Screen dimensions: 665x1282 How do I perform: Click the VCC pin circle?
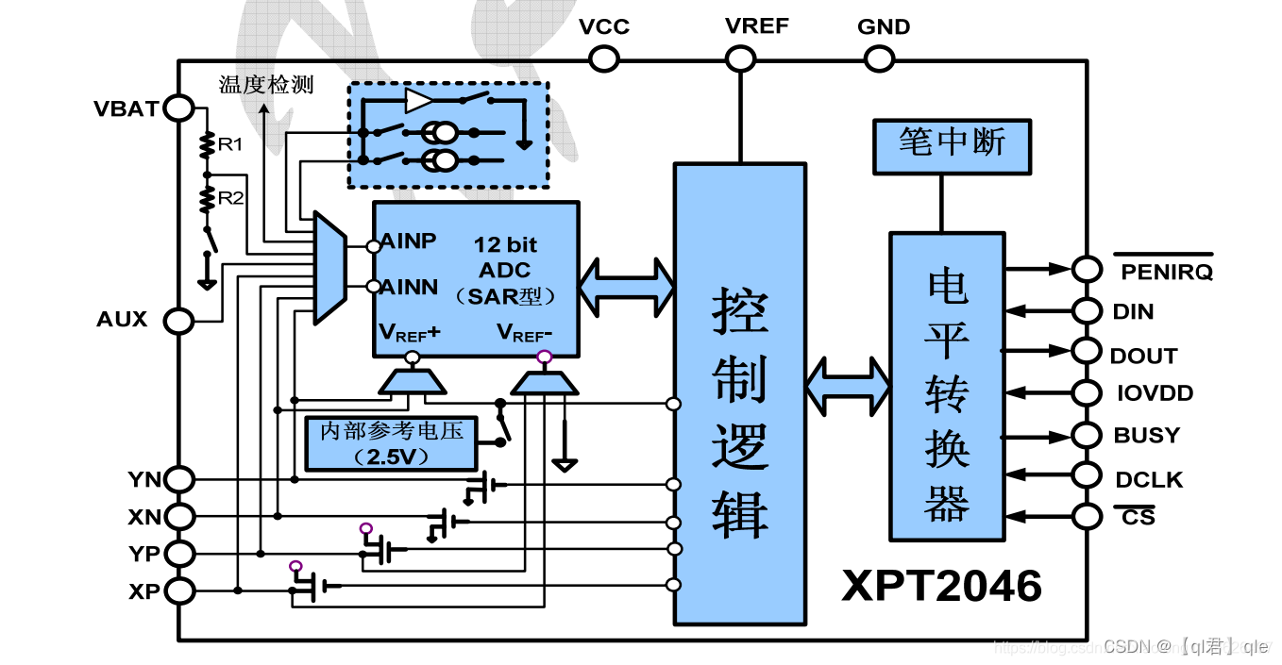pos(604,59)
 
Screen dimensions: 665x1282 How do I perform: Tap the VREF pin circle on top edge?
pos(740,59)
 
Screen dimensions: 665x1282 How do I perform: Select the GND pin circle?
pos(878,59)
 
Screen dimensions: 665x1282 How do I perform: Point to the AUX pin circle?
pos(178,321)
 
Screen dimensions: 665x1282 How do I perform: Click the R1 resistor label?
pos(230,145)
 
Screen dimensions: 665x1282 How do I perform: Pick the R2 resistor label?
pos(230,198)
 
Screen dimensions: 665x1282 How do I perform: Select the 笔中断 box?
pos(952,146)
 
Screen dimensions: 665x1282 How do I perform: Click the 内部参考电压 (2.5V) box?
pos(392,443)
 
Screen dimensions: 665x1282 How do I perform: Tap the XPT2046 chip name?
pos(941,586)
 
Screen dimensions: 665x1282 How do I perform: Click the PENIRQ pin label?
pos(1167,273)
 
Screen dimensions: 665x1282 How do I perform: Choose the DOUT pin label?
pos(1144,357)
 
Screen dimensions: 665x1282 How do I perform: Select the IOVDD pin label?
pos(1153,393)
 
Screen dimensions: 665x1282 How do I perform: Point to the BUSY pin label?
pos(1147,436)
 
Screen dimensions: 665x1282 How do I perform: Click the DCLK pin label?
pos(1149,480)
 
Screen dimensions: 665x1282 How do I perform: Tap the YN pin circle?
pos(178,480)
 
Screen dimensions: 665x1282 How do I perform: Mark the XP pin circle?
pos(178,590)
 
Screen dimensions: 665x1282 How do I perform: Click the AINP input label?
pos(409,241)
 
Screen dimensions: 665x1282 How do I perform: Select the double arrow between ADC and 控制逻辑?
pos(627,285)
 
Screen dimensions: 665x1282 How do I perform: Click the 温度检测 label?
pos(265,85)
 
